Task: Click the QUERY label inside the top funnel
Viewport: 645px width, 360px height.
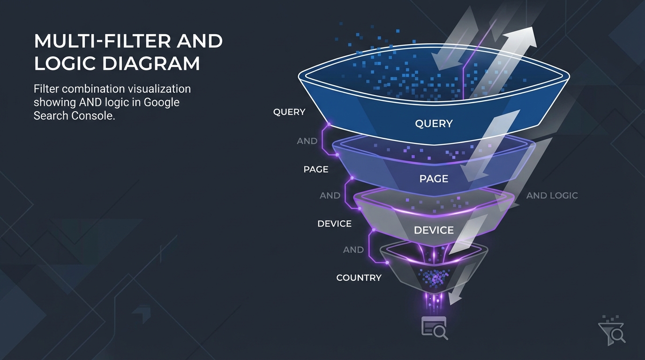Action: (x=434, y=124)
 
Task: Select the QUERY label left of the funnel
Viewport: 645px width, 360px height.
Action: (x=289, y=112)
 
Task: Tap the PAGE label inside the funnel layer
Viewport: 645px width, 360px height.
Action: (x=434, y=179)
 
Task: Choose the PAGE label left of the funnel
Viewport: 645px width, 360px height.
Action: (x=315, y=169)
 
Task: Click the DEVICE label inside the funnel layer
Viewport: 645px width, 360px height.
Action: (x=434, y=230)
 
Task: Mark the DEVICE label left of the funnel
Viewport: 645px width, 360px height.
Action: (x=334, y=224)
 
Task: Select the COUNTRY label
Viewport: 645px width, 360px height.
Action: (x=359, y=277)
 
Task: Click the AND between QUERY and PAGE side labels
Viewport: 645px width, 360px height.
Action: (x=307, y=141)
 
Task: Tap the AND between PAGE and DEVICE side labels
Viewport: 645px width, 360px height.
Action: (x=330, y=195)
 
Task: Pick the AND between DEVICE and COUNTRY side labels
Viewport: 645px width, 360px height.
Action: (x=353, y=250)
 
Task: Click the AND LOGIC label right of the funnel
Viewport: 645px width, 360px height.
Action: (x=552, y=195)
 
